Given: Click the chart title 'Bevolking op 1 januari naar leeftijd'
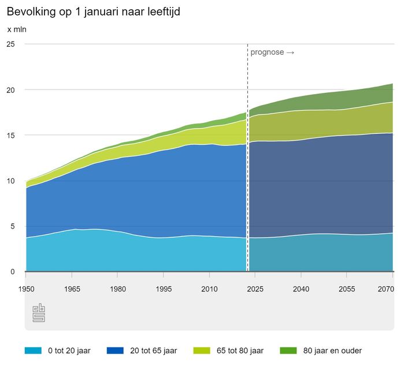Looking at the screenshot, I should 93,12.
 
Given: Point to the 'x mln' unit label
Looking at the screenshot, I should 16,29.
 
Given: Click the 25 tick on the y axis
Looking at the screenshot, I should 11,44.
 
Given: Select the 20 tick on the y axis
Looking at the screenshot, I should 11,89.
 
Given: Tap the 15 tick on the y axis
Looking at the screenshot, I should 11,135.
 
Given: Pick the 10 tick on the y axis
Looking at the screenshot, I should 11,181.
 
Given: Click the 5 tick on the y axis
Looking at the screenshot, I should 13,226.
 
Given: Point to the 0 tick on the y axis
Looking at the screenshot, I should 13,272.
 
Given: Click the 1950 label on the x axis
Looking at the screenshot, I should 26,289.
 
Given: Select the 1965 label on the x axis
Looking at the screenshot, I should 72,289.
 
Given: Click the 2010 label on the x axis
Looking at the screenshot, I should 209,289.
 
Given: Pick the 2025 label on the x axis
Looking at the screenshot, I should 255,289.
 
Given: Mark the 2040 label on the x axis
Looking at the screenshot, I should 300,289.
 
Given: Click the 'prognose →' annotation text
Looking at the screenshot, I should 272,53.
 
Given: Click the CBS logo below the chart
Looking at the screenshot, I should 39,313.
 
